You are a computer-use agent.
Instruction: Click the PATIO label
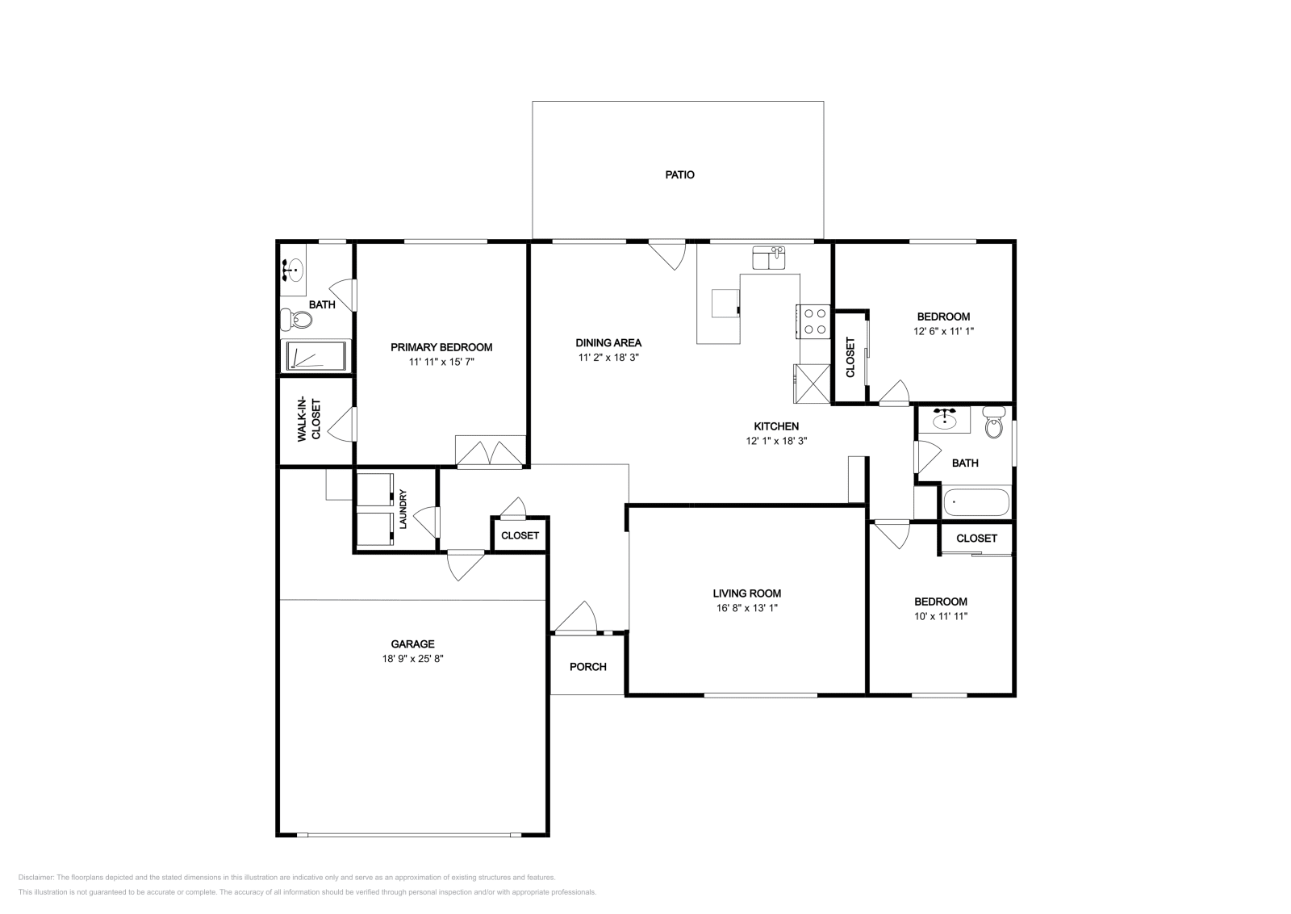pyautogui.click(x=679, y=174)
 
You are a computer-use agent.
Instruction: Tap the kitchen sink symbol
pyautogui.click(x=768, y=258)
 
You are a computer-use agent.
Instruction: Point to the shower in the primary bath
pyautogui.click(x=315, y=355)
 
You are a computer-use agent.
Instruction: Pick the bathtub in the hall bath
pyautogui.click(x=976, y=502)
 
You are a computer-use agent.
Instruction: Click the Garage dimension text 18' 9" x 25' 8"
pyautogui.click(x=412, y=659)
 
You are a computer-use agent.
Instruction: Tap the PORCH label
pyautogui.click(x=588, y=667)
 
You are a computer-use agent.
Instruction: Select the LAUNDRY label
pyautogui.click(x=403, y=509)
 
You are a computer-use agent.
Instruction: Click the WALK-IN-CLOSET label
pyautogui.click(x=309, y=420)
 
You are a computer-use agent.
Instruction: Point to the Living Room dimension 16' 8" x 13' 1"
pyautogui.click(x=747, y=608)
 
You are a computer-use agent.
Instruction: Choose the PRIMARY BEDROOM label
pyautogui.click(x=441, y=347)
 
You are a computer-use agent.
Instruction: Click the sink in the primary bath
pyautogui.click(x=294, y=270)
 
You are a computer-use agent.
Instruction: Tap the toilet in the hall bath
pyautogui.click(x=993, y=423)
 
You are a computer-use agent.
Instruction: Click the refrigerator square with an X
pyautogui.click(x=812, y=384)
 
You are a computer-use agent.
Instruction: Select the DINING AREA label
pyautogui.click(x=608, y=342)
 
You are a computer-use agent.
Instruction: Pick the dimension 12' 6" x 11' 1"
pyautogui.click(x=943, y=331)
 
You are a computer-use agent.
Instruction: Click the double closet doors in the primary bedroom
pyautogui.click(x=491, y=453)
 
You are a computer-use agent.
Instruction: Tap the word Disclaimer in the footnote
pyautogui.click(x=36, y=877)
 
